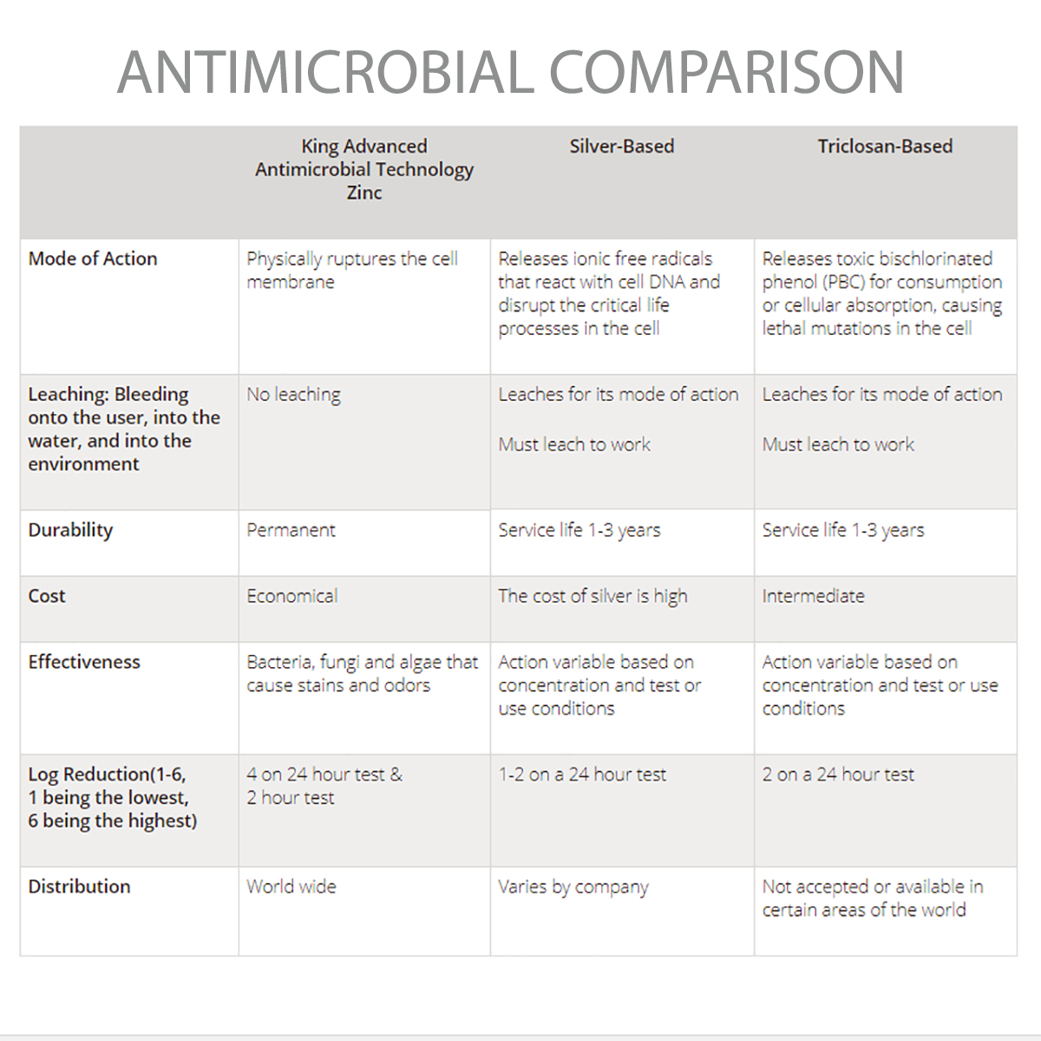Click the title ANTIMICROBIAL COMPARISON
coord(511,72)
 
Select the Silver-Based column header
coord(621,147)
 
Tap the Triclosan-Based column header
coord(884,147)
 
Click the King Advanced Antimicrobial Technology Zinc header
coord(364,169)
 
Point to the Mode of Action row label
coord(93,259)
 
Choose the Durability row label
coord(70,530)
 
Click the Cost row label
coord(47,596)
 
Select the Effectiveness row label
coord(84,662)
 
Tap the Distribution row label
coord(79,887)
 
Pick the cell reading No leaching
coord(293,395)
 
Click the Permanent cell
coord(291,530)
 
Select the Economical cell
coord(291,596)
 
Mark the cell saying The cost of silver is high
coord(593,596)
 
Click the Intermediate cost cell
coord(813,596)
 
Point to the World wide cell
coord(291,887)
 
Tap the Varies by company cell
coord(573,887)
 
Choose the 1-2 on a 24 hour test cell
coord(582,775)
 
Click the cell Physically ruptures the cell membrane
coord(351,270)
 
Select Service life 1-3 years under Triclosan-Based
coord(842,530)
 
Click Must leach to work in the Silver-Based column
coord(574,445)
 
